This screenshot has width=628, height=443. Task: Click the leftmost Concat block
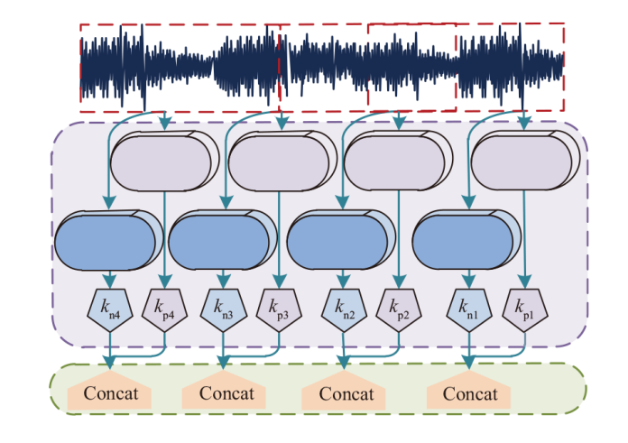110,392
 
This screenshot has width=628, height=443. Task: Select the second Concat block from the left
226,392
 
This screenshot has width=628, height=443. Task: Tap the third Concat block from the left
346,392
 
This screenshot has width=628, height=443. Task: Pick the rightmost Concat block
470,392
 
